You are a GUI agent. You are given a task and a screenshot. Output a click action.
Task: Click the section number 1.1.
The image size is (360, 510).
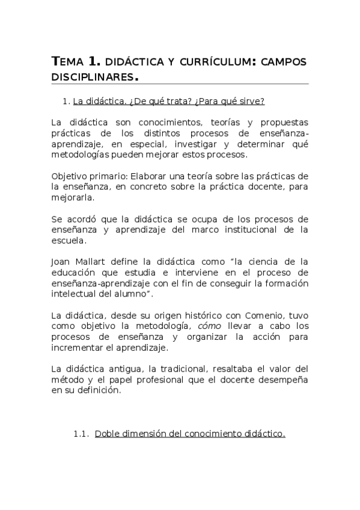[81, 433]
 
